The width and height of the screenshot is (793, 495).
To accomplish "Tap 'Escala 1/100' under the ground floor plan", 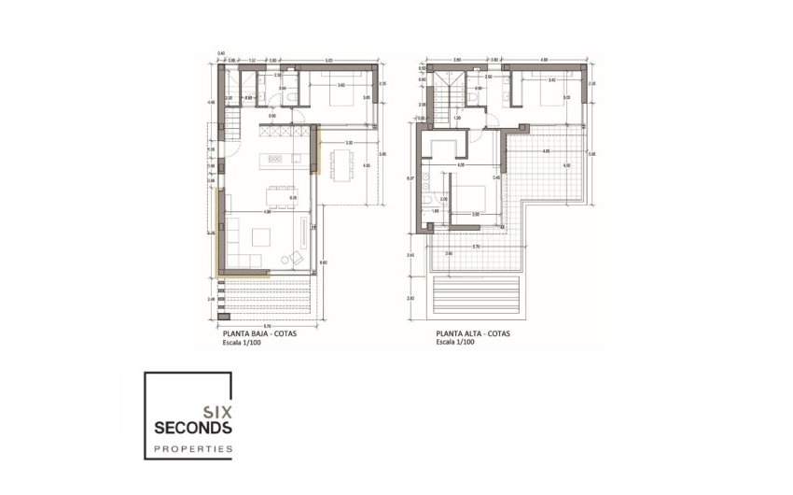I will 238,343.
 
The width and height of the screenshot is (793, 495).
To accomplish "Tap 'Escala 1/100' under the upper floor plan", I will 455,343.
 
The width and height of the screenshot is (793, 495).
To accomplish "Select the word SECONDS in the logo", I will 189,428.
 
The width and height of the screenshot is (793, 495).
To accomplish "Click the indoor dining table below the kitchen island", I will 277,193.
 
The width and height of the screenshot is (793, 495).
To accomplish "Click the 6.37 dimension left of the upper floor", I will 410,177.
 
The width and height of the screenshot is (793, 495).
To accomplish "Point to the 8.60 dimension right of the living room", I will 323,264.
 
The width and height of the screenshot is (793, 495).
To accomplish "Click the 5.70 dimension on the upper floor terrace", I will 476,247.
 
